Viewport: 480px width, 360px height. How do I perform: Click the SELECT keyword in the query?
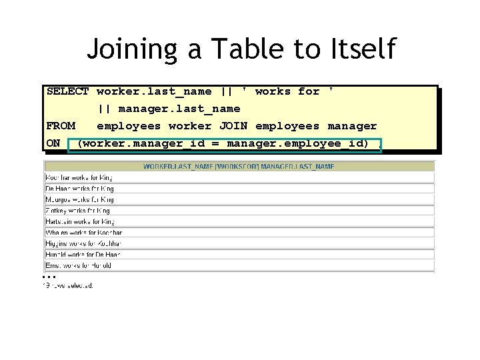tap(67, 91)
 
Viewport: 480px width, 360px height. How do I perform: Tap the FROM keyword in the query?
tap(61, 126)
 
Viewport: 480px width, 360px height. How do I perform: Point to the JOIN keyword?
tap(233, 126)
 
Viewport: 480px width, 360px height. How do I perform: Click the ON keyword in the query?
tap(53, 143)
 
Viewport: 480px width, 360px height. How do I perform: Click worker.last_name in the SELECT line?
tap(154, 91)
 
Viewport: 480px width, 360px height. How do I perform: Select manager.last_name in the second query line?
tap(179, 109)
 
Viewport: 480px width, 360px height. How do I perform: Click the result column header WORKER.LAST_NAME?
tap(172, 166)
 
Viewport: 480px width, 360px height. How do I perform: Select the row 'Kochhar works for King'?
tap(79, 177)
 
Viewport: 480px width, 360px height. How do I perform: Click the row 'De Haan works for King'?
tap(79, 188)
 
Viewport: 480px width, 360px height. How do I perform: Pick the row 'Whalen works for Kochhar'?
tap(83, 232)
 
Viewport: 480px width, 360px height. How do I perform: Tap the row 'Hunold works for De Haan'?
tap(83, 254)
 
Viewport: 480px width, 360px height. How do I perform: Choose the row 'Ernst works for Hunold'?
tap(78, 265)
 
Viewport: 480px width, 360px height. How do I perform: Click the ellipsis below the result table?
tap(46, 276)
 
